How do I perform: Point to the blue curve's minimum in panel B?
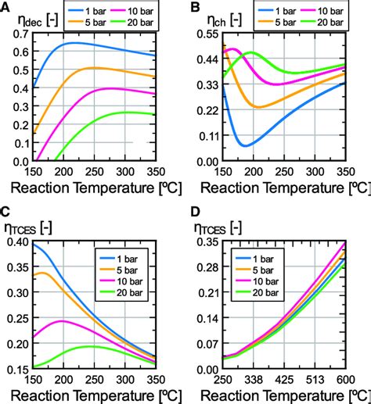coord(245,145)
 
